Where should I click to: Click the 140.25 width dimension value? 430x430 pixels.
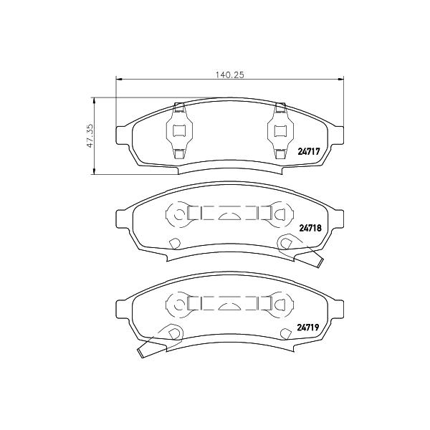(229, 75)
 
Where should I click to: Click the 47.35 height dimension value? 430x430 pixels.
(90, 135)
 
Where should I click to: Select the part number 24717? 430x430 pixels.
(309, 151)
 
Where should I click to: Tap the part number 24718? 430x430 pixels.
(310, 228)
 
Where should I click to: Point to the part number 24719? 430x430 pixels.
(308, 328)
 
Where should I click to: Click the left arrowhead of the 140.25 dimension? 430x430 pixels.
(119, 80)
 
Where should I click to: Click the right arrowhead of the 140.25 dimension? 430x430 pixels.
(341, 80)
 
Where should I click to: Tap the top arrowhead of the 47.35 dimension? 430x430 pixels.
(95, 100)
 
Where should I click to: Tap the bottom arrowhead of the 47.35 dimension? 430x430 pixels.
(95, 171)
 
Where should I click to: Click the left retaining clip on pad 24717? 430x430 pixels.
(180, 130)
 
